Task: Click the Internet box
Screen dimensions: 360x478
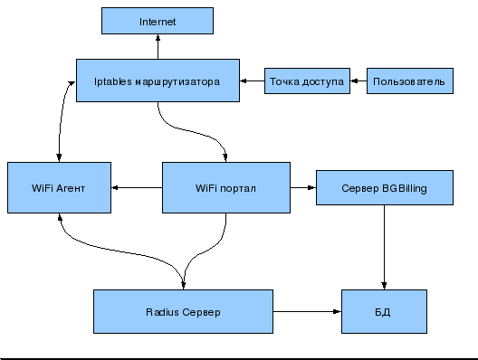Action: pyautogui.click(x=158, y=21)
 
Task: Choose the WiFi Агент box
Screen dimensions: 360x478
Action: pyautogui.click(x=59, y=188)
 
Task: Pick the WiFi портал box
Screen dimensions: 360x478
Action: pyautogui.click(x=226, y=188)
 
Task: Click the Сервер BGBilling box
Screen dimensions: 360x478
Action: pyautogui.click(x=384, y=188)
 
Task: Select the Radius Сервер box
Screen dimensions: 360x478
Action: pyautogui.click(x=183, y=312)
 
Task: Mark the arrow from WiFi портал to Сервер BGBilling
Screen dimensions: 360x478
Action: pyautogui.click(x=303, y=188)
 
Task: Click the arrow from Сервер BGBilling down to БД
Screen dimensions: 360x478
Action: pyautogui.click(x=385, y=249)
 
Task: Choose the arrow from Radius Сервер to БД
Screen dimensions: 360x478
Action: pyautogui.click(x=308, y=312)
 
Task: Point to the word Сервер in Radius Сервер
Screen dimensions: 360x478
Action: pyautogui.click(x=202, y=312)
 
